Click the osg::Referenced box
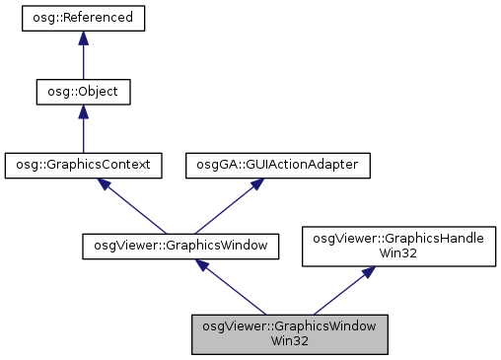tap(83, 19)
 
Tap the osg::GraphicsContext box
tap(83, 165)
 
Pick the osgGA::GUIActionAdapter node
tap(278, 165)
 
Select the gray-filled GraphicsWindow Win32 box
tap(290, 333)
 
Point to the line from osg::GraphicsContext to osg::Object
tap(83, 134)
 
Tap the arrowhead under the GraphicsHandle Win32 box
tap(365, 272)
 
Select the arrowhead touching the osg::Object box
tap(83, 111)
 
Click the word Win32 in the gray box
tap(290, 341)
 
